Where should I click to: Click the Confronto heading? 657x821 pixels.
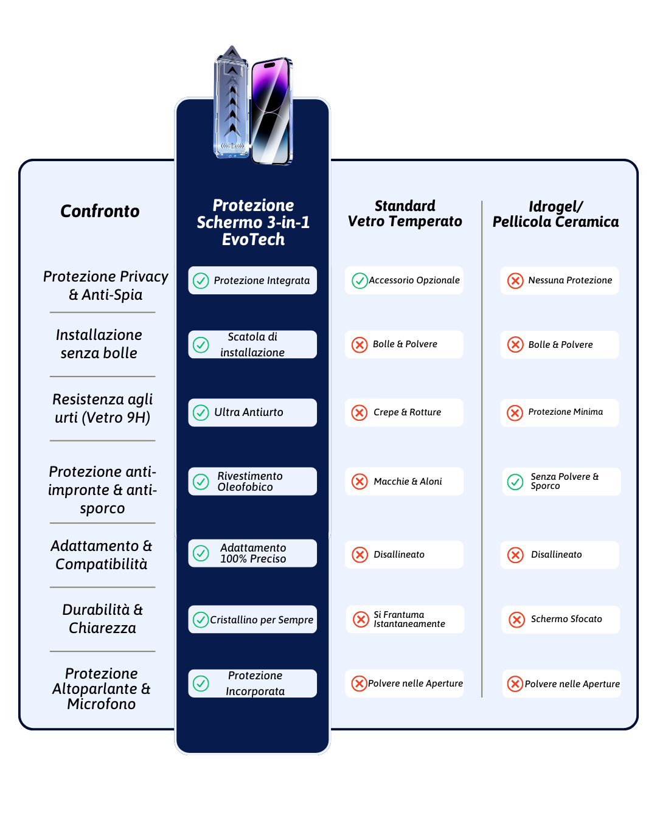[x=100, y=211]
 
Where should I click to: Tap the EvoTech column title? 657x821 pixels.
[x=252, y=222]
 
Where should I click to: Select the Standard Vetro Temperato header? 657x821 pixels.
[x=405, y=213]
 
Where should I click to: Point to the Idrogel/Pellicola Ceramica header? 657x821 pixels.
[x=555, y=214]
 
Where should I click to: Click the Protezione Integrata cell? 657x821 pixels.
[x=252, y=280]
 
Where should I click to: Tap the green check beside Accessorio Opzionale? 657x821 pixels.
[x=360, y=281]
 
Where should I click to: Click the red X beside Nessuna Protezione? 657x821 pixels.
[x=515, y=281]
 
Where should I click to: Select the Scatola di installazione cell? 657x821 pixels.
[x=252, y=344]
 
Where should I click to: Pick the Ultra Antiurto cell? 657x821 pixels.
[x=252, y=412]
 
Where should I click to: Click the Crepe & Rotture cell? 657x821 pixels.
[x=404, y=412]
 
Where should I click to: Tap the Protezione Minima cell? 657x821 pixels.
[x=559, y=412]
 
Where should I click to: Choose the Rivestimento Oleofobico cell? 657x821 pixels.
[x=252, y=482]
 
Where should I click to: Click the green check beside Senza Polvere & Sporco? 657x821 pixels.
[x=515, y=482]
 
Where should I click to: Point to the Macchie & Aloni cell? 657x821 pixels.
[x=404, y=482]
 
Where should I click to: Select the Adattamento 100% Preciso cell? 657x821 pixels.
[x=252, y=553]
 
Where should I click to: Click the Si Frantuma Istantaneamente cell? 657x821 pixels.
[x=405, y=619]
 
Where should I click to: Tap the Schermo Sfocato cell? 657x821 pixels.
[x=560, y=619]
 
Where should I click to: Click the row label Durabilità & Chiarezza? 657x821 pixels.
[x=102, y=618]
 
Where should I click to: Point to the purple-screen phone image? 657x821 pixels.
[x=272, y=111]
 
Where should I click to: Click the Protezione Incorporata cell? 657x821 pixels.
[x=252, y=684]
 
